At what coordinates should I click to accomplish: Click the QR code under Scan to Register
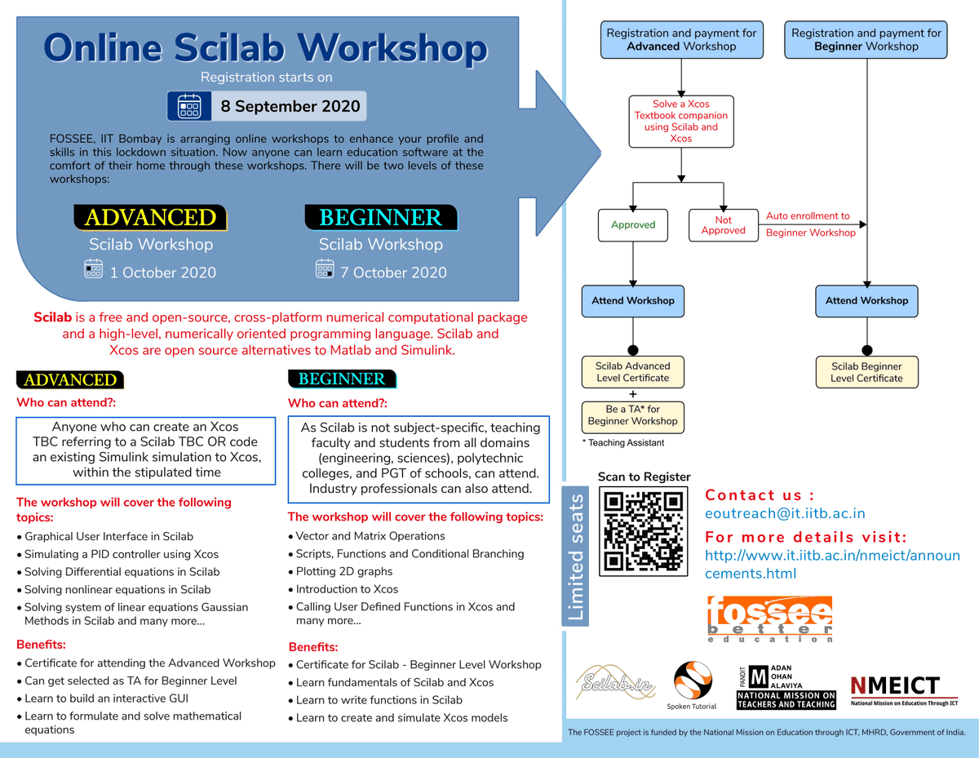coord(643,531)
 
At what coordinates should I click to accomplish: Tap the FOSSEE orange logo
coord(769,617)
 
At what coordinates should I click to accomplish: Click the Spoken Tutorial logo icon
coord(692,680)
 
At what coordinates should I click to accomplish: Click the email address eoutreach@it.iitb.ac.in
coord(785,513)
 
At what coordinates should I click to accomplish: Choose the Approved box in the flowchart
coord(633,225)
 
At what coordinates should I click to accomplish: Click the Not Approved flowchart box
coord(723,225)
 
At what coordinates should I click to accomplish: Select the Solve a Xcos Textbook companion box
coord(681,122)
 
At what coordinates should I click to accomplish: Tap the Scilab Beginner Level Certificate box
coord(866,372)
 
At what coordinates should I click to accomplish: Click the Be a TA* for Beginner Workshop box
coord(632,415)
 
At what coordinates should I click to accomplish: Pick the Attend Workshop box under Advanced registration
coord(633,300)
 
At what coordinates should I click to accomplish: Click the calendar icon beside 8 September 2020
coord(189,107)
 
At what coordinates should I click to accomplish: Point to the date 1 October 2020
coord(162,273)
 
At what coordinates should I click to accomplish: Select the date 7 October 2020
coord(393,273)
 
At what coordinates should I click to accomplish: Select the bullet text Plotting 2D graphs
coord(344,571)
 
